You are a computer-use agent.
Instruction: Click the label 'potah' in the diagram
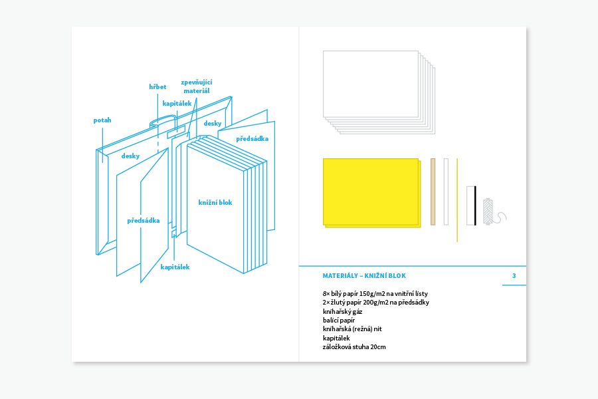coord(102,120)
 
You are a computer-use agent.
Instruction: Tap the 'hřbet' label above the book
coord(157,86)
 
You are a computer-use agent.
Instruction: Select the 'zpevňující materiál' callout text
coord(197,86)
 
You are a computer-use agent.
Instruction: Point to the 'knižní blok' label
coord(215,202)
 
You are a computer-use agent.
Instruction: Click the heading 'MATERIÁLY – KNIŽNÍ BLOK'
coord(363,275)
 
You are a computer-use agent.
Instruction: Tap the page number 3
coord(514,275)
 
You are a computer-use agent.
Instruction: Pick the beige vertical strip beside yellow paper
coord(433,191)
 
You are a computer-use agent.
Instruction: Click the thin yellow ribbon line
coord(457,199)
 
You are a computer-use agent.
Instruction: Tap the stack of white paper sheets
coord(372,85)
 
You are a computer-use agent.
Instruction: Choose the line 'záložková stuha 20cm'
coord(354,346)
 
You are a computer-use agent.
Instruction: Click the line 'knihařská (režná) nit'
coord(352,329)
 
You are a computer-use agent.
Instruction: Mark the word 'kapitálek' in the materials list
coord(336,338)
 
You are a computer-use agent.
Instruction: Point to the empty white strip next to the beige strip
coord(446,191)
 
